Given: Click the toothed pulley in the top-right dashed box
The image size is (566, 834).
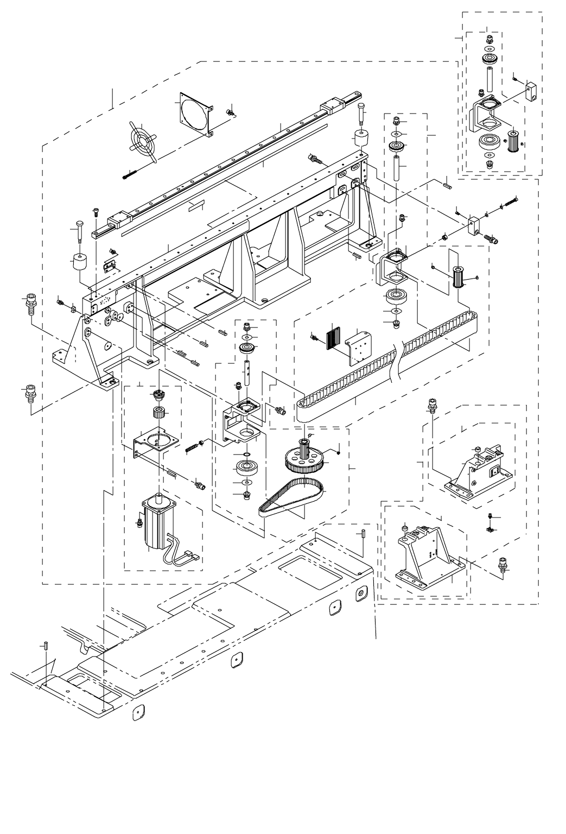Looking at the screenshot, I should click(x=511, y=141).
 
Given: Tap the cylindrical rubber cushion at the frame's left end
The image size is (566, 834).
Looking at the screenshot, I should click(x=81, y=264).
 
